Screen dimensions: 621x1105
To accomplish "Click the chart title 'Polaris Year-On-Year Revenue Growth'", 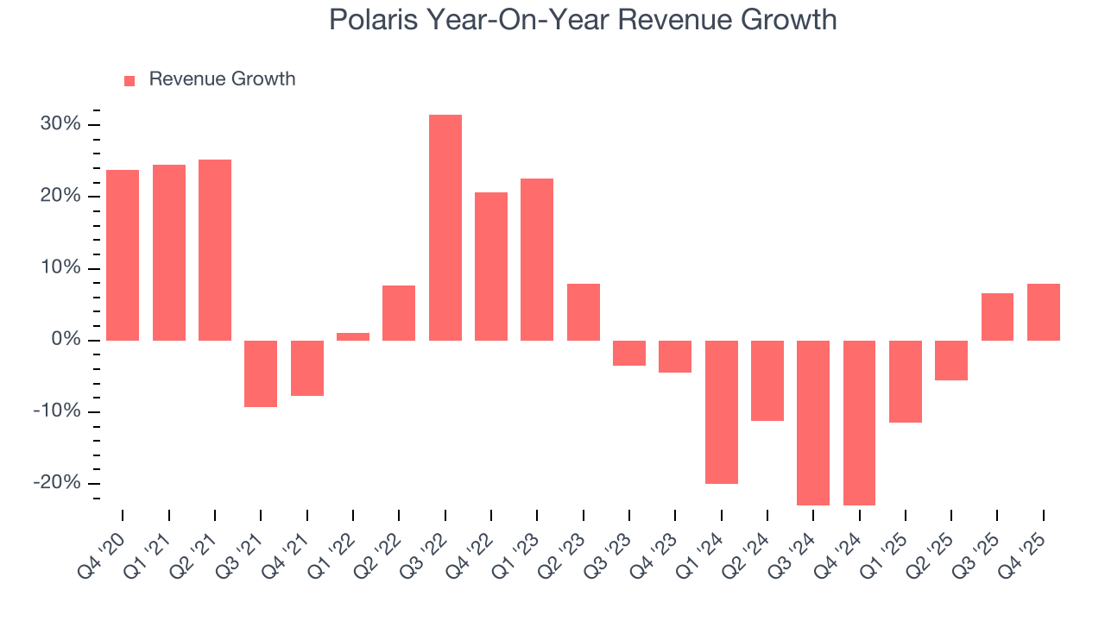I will pos(583,20).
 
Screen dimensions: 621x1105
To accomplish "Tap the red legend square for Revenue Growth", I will pos(129,80).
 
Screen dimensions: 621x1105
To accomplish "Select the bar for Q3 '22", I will pos(445,228).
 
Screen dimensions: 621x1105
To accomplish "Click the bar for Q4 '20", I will pos(123,255).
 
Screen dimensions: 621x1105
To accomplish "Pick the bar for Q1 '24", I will pos(721,411).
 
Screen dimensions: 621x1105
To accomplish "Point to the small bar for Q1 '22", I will pos(353,336).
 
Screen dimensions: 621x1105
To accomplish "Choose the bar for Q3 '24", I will pos(813,423).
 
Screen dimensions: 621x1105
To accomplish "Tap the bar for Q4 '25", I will pos(1043,312).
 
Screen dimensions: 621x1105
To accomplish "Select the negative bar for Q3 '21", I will pos(261,373).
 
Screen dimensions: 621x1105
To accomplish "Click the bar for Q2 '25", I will pos(951,361).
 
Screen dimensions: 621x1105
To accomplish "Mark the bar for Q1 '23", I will pos(537,260).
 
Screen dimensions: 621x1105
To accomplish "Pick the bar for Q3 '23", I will pos(629,353).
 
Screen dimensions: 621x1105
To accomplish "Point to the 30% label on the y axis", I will pos(60,124).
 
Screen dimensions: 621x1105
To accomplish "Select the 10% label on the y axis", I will pos(60,268).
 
